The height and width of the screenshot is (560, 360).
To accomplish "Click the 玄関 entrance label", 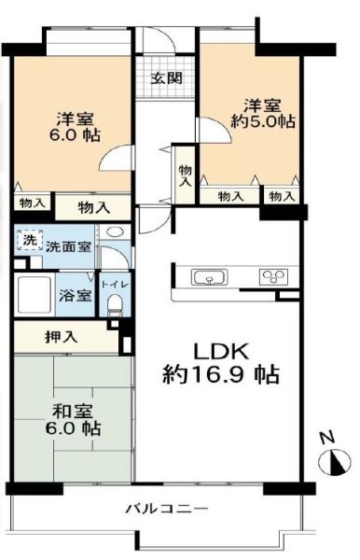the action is [x=167, y=78].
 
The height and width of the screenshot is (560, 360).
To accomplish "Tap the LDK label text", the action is [x=220, y=352].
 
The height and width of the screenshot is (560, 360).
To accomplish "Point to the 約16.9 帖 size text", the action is [x=220, y=375].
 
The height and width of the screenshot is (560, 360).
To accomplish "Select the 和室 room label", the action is [x=73, y=411].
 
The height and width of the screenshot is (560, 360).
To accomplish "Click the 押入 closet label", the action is [x=62, y=337].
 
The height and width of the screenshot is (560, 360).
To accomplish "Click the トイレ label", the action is [x=115, y=285].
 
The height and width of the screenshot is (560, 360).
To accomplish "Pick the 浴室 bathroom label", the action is [x=76, y=295].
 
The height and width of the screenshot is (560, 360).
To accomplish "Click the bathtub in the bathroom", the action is [x=35, y=295].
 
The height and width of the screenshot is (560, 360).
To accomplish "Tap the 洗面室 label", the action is [x=68, y=246].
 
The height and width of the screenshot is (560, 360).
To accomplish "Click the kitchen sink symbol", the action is [x=210, y=277].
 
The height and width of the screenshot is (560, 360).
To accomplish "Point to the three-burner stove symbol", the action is [x=273, y=277].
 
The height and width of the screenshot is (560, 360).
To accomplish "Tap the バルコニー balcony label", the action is [x=166, y=509].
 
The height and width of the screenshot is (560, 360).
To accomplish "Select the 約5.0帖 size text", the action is [x=263, y=122].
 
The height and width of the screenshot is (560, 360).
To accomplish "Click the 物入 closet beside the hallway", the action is [x=186, y=175].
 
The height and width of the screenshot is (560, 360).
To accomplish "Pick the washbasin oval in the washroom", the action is [x=115, y=232].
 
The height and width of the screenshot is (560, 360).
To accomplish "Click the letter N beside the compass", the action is [x=326, y=438].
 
